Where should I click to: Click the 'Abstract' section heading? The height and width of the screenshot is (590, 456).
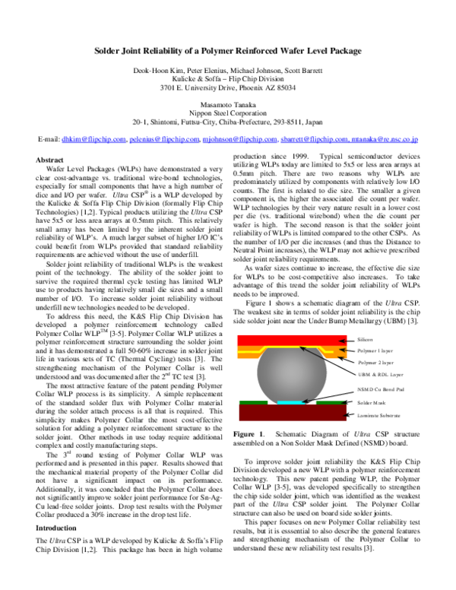tap(50, 160)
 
